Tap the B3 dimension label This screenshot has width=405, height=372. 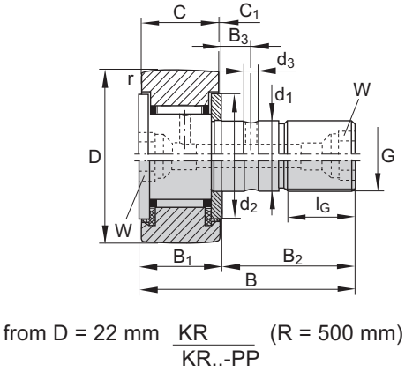(x=239, y=36)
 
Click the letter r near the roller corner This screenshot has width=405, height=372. (x=130, y=78)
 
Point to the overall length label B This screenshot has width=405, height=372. (x=251, y=279)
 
